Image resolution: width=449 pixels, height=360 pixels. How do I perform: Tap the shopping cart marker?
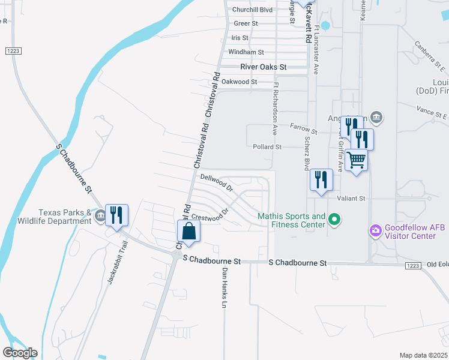pos(357,160)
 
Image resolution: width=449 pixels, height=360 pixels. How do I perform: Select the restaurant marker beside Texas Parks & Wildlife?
pos(116,215)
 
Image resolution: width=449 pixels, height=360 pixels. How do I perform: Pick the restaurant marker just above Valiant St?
pos(321,179)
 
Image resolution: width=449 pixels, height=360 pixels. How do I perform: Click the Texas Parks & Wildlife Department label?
pos(65,217)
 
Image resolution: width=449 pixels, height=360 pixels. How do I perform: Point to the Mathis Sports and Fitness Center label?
pos(292,220)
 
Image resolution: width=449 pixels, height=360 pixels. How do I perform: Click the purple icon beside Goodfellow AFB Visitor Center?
pos(376,230)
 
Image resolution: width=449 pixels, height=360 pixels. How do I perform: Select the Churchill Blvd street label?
pos(252,10)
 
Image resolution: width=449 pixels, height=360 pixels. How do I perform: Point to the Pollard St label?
pos(267,146)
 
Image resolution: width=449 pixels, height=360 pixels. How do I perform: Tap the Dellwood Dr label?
pos(217,182)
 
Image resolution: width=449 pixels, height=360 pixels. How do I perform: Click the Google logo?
pos(20,352)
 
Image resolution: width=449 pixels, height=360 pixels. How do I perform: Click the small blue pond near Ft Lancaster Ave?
pos(325,26)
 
